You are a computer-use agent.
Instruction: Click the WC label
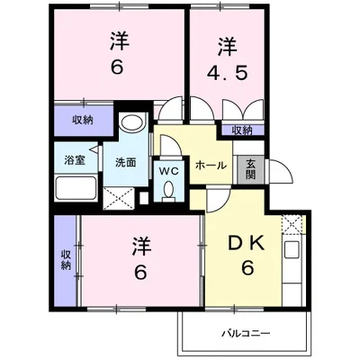coord(168,171)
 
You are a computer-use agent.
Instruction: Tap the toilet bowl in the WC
coord(168,190)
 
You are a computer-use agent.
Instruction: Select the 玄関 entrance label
coord(250,169)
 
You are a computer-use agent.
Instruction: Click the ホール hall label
coord(211,165)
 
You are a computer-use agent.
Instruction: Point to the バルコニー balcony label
coord(246,333)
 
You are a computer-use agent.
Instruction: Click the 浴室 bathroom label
coord(75,160)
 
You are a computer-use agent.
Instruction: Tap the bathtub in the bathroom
coord(76,188)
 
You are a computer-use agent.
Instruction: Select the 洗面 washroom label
coord(126,162)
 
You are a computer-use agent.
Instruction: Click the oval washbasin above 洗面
coord(131,122)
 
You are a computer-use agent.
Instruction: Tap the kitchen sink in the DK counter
coord(292,248)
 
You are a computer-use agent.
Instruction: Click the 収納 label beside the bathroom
coord(83,121)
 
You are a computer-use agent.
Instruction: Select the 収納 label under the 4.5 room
coord(242,130)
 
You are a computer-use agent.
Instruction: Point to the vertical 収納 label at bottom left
coord(66,260)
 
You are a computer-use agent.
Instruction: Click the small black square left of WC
coord(144,198)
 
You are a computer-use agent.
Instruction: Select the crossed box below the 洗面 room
coord(118,198)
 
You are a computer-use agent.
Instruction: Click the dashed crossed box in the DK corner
coord(292,224)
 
